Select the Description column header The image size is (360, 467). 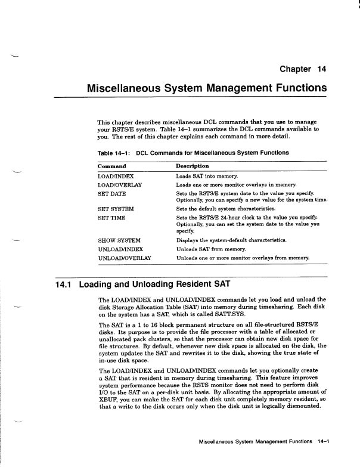(193, 166)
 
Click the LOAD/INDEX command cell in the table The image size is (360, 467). (116, 177)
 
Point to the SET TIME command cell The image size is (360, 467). (110, 218)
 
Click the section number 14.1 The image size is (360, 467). (63, 284)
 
